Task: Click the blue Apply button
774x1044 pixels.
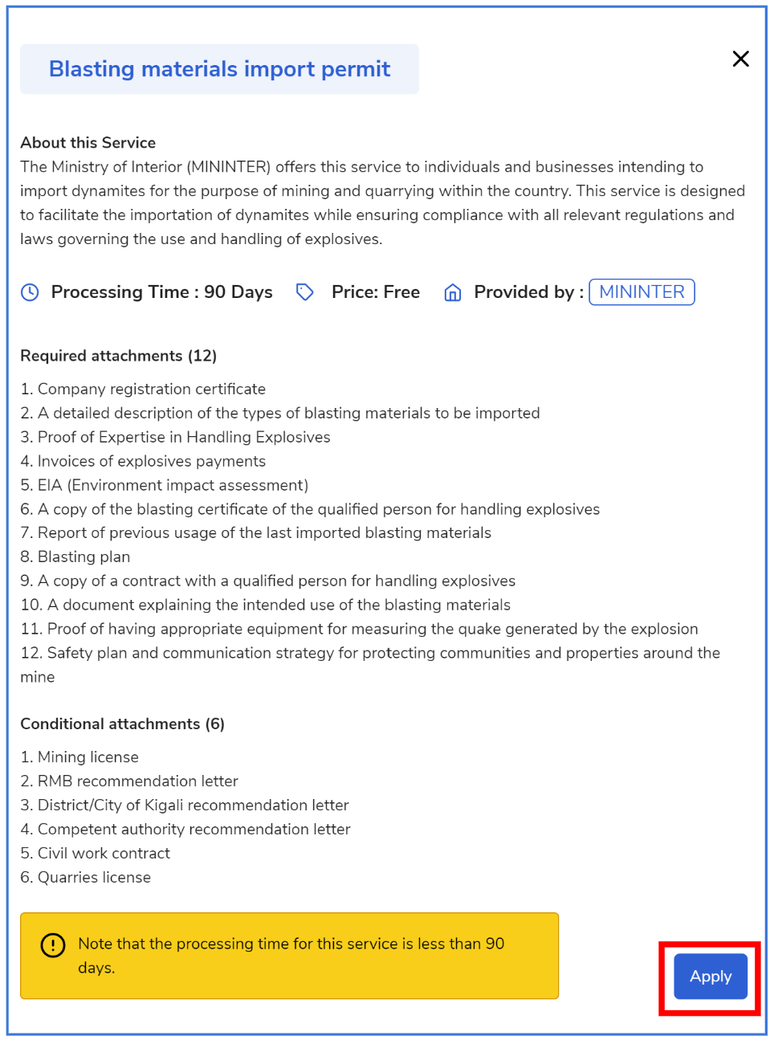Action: (710, 977)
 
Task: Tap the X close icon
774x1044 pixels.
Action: (740, 59)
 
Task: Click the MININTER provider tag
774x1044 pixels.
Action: (642, 292)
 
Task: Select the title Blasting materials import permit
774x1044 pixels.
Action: (219, 69)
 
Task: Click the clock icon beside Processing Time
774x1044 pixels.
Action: (30, 292)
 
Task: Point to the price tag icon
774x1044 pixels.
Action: (304, 292)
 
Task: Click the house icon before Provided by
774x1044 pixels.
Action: (453, 293)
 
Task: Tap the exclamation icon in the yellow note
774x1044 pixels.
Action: (53, 945)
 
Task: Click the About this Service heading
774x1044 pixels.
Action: (88, 143)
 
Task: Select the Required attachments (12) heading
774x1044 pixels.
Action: (119, 356)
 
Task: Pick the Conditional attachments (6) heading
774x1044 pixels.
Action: (122, 724)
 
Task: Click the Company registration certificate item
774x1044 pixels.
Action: (151, 389)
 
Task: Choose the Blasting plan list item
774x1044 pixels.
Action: (84, 557)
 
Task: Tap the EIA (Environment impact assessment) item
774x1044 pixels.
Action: (173, 485)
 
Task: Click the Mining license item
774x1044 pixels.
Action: (88, 757)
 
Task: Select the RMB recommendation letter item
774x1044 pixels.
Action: (137, 781)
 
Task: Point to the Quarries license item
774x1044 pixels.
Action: (94, 878)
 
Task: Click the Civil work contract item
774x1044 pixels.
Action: (104, 854)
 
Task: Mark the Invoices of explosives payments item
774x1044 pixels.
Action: (151, 461)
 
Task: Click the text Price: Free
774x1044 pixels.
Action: (376, 292)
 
